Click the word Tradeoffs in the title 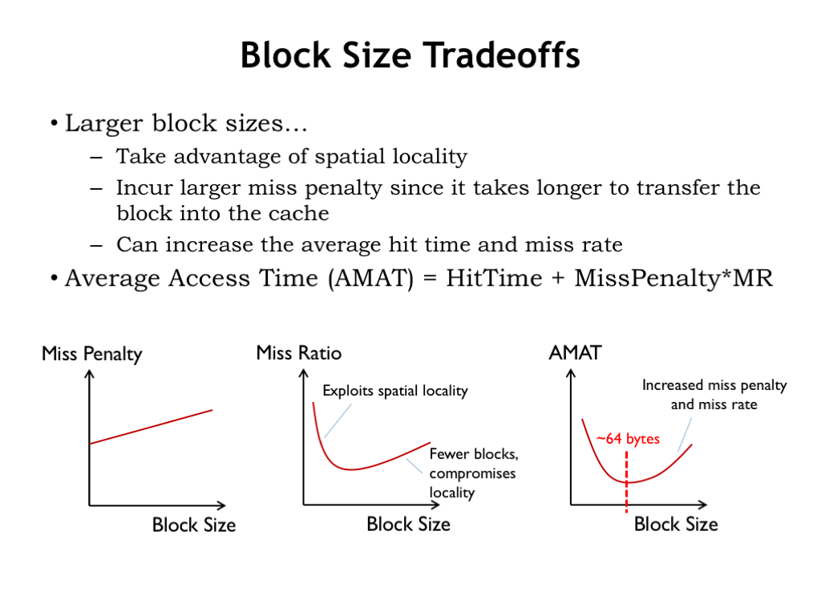(501, 55)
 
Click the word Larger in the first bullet (103, 124)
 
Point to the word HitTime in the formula (494, 278)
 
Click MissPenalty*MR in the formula (673, 279)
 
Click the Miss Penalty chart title (92, 354)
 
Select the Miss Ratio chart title (299, 353)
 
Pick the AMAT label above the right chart (575, 353)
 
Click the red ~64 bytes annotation (628, 439)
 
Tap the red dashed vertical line (626, 481)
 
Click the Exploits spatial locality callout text (394, 391)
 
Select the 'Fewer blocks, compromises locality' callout (473, 473)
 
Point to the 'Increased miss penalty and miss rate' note (714, 395)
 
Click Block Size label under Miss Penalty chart (194, 525)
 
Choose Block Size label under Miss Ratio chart (408, 524)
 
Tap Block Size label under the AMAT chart (676, 524)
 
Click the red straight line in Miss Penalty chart (152, 427)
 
